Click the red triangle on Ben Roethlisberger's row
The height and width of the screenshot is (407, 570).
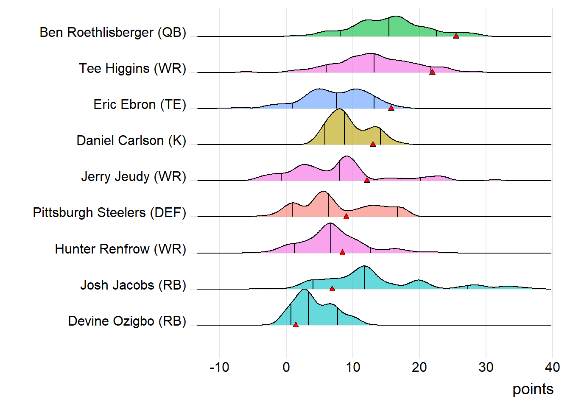pos(456,36)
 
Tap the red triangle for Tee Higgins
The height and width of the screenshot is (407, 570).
pos(432,72)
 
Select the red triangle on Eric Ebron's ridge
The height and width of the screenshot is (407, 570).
pos(391,108)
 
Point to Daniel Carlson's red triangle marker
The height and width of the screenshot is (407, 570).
pos(373,144)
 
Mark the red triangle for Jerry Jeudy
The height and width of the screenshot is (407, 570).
pos(367,180)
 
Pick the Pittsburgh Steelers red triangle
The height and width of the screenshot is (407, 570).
pos(346,216)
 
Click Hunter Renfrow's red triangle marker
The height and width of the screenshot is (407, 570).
pos(342,252)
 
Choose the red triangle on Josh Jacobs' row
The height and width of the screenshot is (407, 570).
pos(332,288)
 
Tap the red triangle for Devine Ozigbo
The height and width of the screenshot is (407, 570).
pos(296,324)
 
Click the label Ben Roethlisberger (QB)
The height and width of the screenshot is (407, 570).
pos(113,33)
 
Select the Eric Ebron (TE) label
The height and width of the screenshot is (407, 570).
pos(140,105)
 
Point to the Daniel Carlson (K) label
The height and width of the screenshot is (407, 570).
pos(131,141)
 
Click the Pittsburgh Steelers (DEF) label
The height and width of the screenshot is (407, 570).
pos(109,213)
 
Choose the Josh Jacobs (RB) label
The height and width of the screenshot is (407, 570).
pos(133,285)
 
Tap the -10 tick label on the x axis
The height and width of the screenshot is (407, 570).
pos(219,367)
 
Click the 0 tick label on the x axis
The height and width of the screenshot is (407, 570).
pos(286,367)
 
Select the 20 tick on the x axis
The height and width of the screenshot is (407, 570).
pos(419,367)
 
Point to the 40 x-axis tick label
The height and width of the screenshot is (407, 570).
pos(552,367)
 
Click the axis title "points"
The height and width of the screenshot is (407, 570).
pos(533,389)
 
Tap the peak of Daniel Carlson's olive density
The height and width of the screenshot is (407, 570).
pos(339,109)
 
